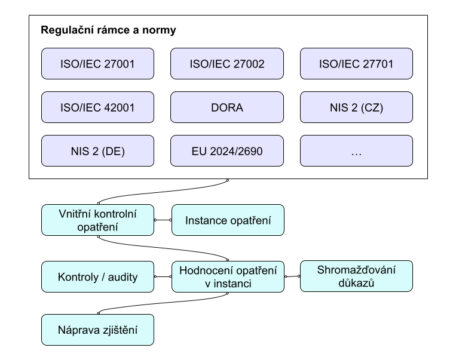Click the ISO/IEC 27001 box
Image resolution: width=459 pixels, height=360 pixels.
pos(97,64)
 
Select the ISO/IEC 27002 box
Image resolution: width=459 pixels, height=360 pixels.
pos(227,64)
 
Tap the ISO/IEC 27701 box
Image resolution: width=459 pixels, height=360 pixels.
pos(356,64)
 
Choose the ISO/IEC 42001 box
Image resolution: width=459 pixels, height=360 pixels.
pos(97,107)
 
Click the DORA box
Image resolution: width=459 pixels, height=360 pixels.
pos(227,107)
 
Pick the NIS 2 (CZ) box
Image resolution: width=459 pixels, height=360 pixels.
pos(356,107)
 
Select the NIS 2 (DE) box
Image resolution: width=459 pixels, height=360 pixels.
pos(97,151)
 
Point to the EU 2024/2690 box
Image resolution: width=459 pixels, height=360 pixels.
pos(227,151)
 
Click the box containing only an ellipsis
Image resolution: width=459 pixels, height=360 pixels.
pos(356,151)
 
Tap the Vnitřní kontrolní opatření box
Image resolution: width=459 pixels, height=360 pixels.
pos(97,220)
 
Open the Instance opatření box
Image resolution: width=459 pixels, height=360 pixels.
pos(228,220)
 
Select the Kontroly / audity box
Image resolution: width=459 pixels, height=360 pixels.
pos(97,276)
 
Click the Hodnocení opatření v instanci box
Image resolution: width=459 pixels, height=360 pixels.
pos(228,277)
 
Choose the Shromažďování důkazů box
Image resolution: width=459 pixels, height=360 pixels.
pos(356,276)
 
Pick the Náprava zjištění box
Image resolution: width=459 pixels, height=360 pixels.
pos(97,330)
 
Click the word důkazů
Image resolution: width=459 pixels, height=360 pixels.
pos(356,283)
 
